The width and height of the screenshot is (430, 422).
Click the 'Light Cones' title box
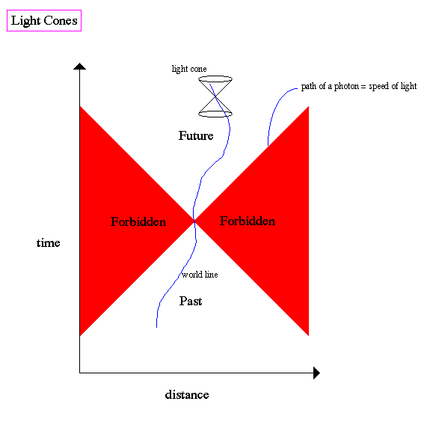44,21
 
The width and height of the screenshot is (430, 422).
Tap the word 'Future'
196,135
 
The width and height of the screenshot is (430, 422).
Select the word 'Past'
191,301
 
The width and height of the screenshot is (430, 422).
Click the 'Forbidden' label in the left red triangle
138,221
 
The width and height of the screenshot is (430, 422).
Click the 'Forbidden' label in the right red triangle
248,221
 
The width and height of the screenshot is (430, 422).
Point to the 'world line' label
200,275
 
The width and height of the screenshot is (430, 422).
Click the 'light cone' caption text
189,69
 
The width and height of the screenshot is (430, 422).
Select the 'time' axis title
49,243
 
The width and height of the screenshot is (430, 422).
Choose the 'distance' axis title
187,394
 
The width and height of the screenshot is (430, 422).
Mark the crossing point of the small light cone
215,97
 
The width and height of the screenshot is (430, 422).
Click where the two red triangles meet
194,221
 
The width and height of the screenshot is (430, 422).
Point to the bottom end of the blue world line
156,327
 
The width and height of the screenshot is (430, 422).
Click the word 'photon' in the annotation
346,87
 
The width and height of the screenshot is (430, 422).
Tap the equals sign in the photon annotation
363,87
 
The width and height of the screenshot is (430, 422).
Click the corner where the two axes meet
79,373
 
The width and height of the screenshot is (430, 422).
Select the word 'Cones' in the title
61,21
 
